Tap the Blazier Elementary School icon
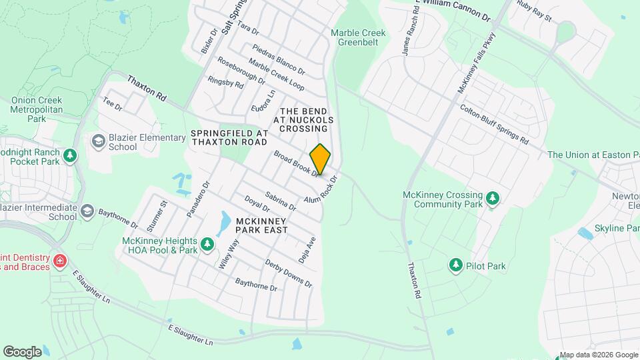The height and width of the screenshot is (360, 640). [x=99, y=142]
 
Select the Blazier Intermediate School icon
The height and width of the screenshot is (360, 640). [x=87, y=212]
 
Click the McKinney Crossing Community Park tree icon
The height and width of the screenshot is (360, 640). [x=493, y=198]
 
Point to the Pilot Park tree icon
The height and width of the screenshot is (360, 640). [x=456, y=266]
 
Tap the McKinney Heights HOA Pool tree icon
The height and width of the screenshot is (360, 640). [x=207, y=245]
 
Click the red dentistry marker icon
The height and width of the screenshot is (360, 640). [x=61, y=259]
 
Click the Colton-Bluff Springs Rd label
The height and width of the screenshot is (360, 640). [x=493, y=125]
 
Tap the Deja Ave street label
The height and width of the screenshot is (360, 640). [x=311, y=250]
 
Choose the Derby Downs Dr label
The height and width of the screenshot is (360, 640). [x=288, y=273]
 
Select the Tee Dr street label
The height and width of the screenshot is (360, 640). [x=112, y=105]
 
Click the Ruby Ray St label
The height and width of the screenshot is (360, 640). [x=535, y=11]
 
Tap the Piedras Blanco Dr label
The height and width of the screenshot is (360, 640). [x=279, y=59]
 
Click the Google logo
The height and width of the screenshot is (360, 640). [x=22, y=351]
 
